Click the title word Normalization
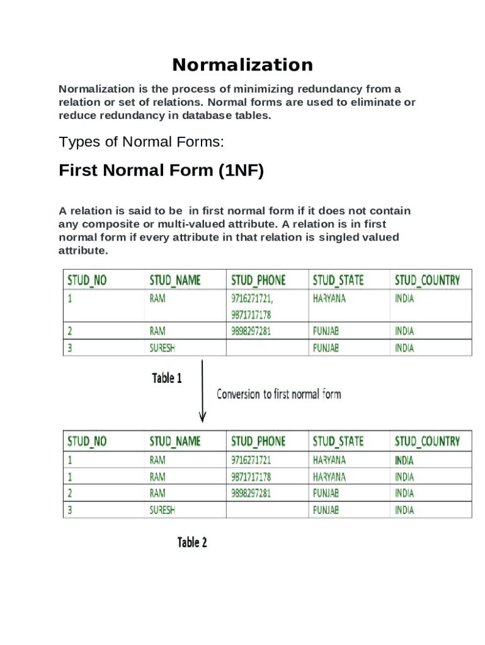tap(243, 65)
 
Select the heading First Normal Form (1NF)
tap(161, 171)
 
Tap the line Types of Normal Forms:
tap(141, 142)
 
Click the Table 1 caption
tap(167, 379)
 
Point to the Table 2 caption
tap(192, 542)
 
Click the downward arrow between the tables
tap(202, 391)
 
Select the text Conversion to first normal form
tap(278, 394)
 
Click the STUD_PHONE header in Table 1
tap(258, 280)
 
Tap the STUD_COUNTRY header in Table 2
tap(427, 442)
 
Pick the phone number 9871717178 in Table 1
tap(251, 314)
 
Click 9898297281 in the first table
tap(251, 331)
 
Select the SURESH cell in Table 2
tap(162, 510)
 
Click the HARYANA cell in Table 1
tap(329, 299)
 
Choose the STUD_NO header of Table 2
tap(87, 442)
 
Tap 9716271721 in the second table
tap(251, 460)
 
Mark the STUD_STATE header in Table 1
tap(338, 280)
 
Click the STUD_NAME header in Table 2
tap(174, 442)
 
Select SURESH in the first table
tap(162, 348)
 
